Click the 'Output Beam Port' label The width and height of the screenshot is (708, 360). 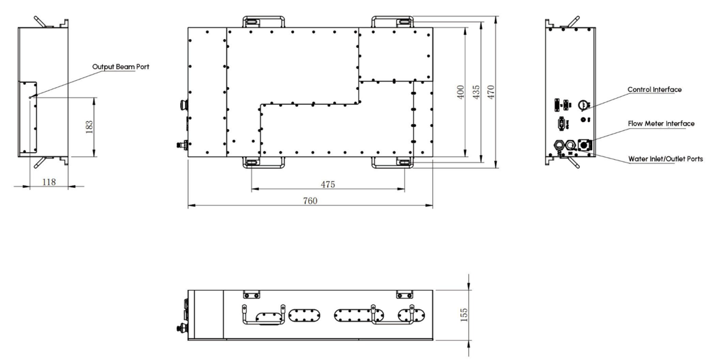pyautogui.click(x=121, y=67)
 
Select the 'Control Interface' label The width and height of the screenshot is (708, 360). pyautogui.click(x=655, y=89)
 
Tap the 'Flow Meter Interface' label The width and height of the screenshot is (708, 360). pyautogui.click(x=661, y=123)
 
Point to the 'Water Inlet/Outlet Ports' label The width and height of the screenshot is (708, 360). pyautogui.click(x=666, y=159)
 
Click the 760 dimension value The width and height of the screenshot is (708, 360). pyautogui.click(x=310, y=201)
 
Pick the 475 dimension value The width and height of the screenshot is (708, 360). pyautogui.click(x=328, y=184)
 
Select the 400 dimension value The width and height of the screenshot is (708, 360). pyautogui.click(x=461, y=92)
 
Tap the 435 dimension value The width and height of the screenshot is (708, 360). pyautogui.click(x=476, y=92)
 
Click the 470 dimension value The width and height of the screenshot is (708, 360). pyautogui.click(x=491, y=92)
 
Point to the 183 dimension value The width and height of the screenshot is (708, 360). pyautogui.click(x=89, y=126)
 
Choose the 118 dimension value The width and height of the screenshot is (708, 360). pyautogui.click(x=49, y=182)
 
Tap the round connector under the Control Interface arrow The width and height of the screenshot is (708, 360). pyautogui.click(x=583, y=105)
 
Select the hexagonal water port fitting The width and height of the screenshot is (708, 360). pyautogui.click(x=559, y=145)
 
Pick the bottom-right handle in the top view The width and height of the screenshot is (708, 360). pyautogui.click(x=392, y=163)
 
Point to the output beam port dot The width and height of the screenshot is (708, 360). pyautogui.click(x=29, y=97)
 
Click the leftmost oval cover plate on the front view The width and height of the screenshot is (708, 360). pyautogui.click(x=269, y=318)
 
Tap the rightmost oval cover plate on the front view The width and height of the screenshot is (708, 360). pyautogui.click(x=411, y=315)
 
